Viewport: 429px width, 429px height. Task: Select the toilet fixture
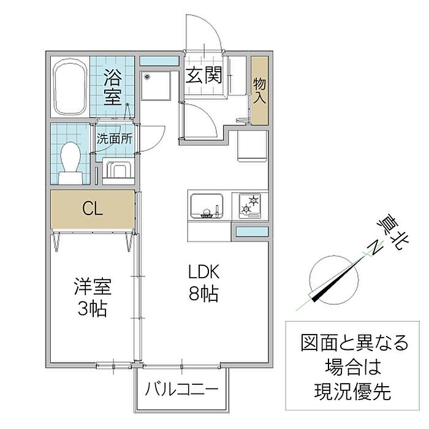(x=70, y=162)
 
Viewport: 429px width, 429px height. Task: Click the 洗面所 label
(x=114, y=139)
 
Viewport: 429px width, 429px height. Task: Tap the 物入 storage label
(x=259, y=91)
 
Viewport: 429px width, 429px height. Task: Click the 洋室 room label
(x=93, y=286)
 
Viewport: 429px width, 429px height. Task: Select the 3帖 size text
(x=93, y=308)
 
